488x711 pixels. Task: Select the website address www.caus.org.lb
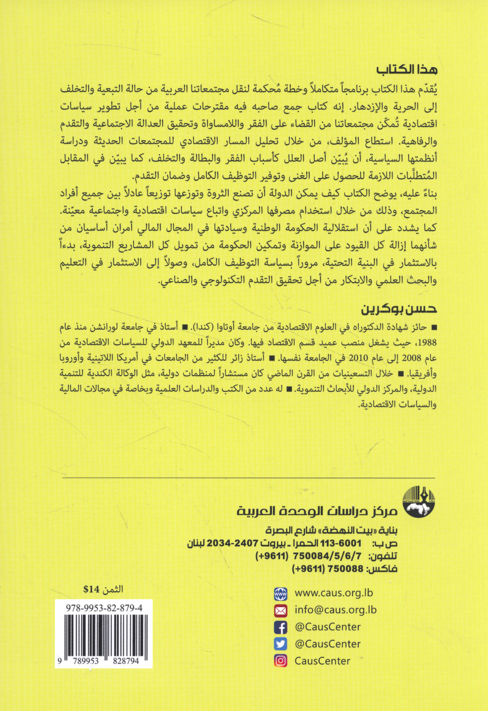pyautogui.click(x=334, y=593)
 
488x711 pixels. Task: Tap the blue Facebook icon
pyautogui.click(x=281, y=627)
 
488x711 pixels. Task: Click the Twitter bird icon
pyautogui.click(x=281, y=644)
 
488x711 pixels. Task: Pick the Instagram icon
pyautogui.click(x=281, y=661)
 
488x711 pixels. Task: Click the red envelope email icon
pyautogui.click(x=281, y=610)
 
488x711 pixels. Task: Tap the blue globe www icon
pyautogui.click(x=281, y=593)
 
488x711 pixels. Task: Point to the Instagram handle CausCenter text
pyautogui.click(x=322, y=661)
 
